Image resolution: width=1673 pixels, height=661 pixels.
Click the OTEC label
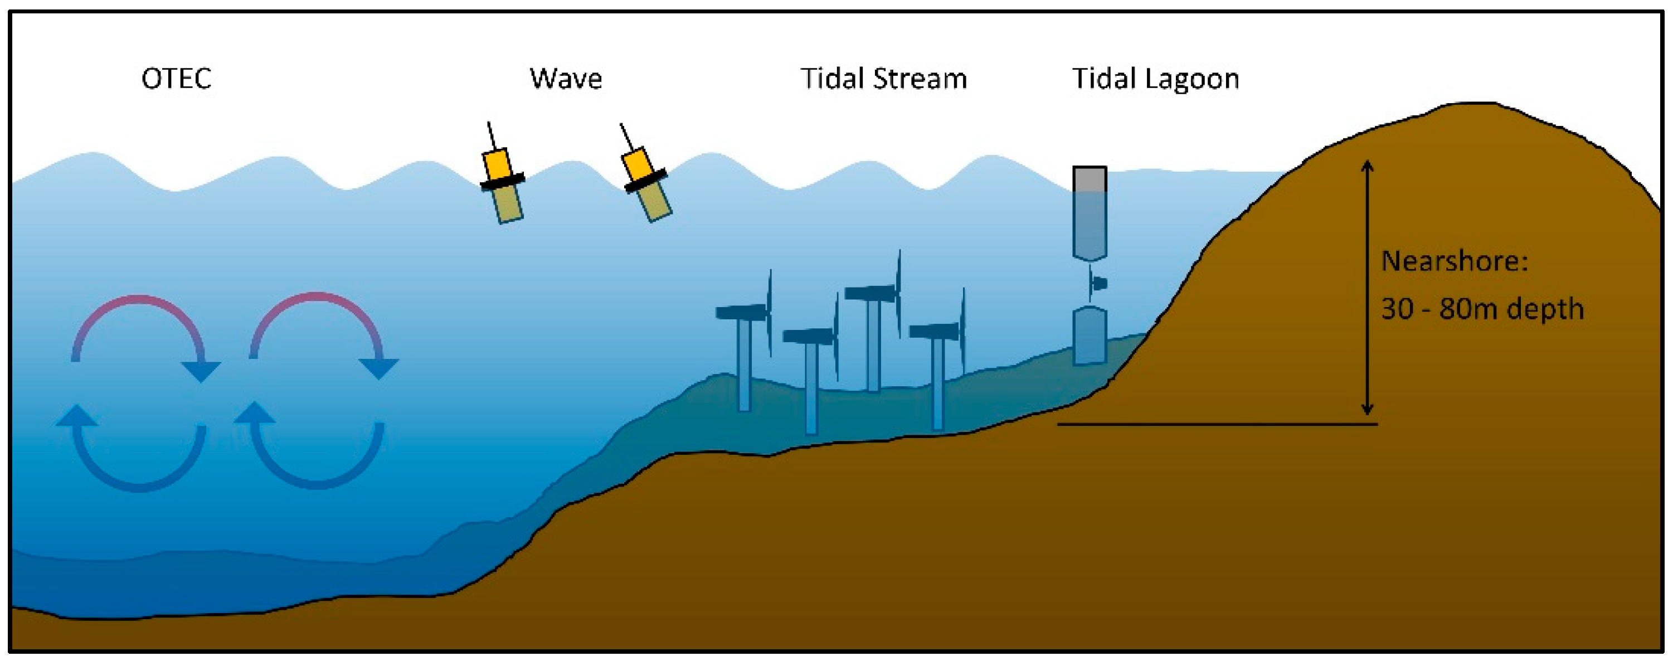[176, 79]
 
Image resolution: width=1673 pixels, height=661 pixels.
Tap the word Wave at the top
[566, 79]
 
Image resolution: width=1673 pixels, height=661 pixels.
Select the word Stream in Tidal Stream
[920, 79]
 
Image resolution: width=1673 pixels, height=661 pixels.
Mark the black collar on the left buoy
[502, 182]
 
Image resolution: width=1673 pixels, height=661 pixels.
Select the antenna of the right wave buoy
[626, 137]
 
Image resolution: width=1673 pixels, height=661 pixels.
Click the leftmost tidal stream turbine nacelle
[741, 312]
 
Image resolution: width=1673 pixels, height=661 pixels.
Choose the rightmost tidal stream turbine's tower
[937, 383]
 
